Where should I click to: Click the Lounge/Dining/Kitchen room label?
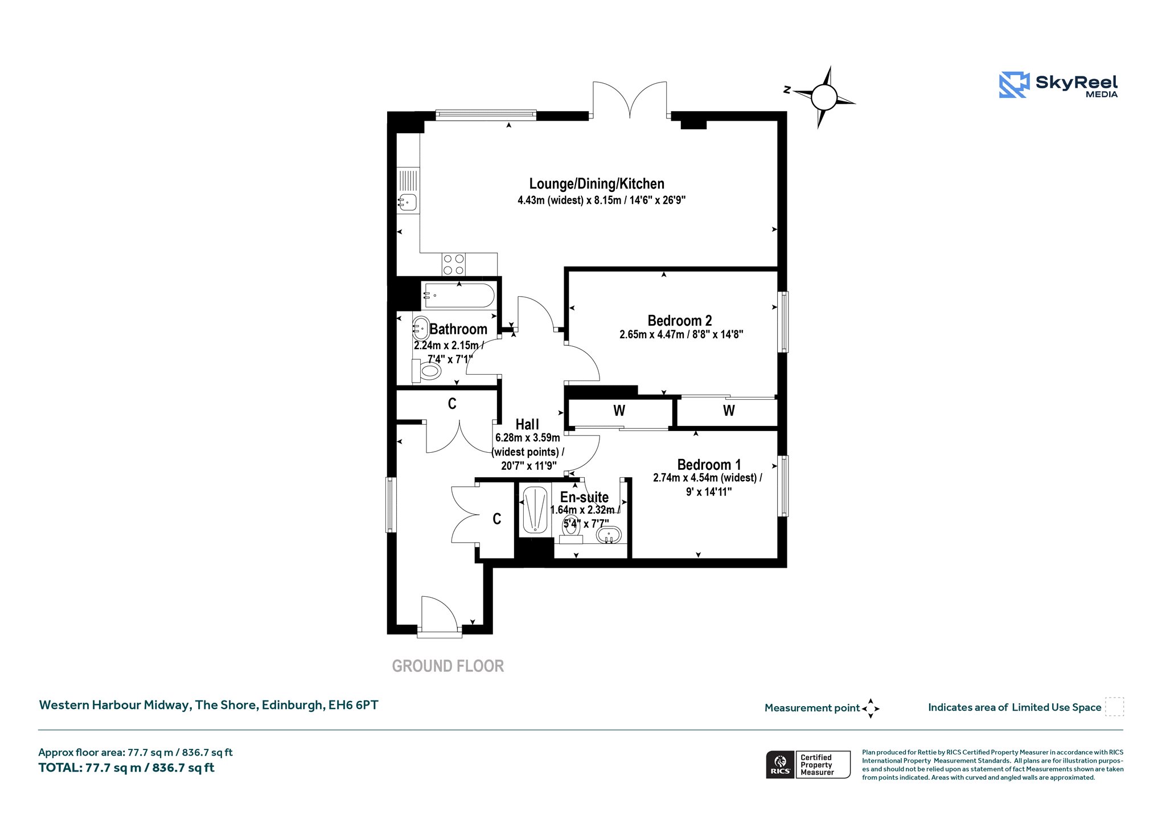[597, 184]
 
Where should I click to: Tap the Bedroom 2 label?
[680, 321]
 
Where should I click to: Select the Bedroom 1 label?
[709, 465]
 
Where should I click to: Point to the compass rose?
[823, 97]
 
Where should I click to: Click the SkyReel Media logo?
[1058, 85]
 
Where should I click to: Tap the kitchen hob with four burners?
[454, 264]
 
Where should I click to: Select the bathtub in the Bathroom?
[459, 296]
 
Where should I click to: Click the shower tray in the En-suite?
[535, 510]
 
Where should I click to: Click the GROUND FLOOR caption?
[448, 666]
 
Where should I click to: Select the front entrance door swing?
[439, 613]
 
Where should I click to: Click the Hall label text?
[527, 424]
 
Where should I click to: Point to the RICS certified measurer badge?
[808, 764]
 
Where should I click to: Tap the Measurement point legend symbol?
[871, 708]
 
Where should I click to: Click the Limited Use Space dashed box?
[1114, 707]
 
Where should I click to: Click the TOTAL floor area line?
[126, 768]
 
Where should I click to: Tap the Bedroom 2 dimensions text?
[681, 335]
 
